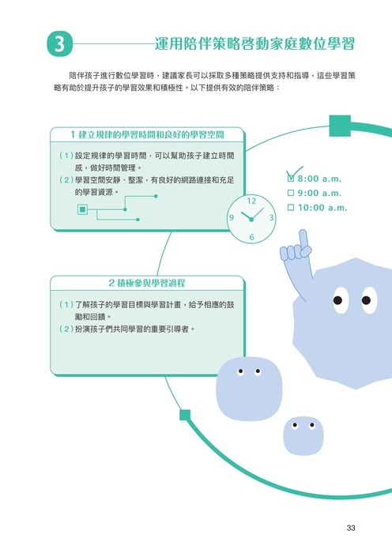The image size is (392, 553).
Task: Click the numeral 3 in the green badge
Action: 59,44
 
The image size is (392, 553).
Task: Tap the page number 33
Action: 351,528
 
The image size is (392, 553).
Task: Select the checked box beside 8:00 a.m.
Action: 291,179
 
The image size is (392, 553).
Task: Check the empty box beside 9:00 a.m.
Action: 291,193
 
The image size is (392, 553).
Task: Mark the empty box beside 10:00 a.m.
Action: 291,207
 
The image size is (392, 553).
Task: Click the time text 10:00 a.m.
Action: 322,208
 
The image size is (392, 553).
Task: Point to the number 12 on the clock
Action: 251,201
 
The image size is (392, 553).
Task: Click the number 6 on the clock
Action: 251,237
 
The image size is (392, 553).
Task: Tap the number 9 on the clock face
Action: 232,217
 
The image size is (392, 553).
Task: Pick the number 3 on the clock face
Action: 271,217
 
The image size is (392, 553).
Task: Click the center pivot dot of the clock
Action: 251,220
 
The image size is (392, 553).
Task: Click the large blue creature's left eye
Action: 341,300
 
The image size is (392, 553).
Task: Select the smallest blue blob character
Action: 303,436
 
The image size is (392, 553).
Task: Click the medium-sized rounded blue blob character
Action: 249,389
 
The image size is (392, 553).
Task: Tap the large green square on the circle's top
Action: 340,126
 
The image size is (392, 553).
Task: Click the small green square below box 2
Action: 185,415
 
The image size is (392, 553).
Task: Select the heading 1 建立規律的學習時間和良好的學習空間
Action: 147,135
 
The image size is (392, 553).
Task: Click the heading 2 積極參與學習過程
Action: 147,283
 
